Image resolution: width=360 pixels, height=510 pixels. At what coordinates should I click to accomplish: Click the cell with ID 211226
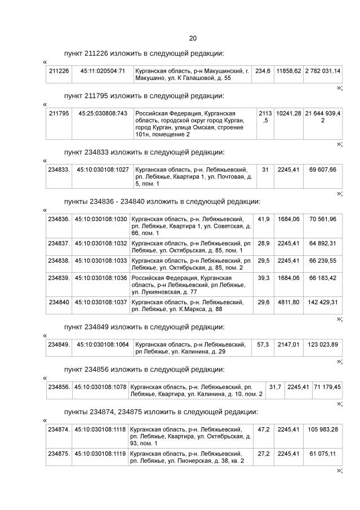pos(59,71)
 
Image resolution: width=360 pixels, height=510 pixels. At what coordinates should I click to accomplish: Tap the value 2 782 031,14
pos(322,71)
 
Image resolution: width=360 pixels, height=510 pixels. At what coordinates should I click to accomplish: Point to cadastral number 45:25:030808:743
pos(103,113)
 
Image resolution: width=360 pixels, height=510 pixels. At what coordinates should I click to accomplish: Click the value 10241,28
pos(288,113)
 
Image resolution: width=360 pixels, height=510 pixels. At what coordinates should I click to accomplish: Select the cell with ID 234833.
pos(59,170)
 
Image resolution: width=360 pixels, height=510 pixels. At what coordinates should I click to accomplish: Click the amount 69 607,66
pos(322,170)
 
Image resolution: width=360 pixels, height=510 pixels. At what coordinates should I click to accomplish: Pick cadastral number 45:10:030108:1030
pos(101,219)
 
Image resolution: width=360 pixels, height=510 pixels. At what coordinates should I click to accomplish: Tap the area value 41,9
pos(263,219)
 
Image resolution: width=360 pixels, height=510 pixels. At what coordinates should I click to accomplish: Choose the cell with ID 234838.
pos(59,261)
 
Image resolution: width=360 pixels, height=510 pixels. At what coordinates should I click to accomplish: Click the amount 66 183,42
pos(322,278)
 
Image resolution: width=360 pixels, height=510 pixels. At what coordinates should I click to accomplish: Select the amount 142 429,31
pos(322,302)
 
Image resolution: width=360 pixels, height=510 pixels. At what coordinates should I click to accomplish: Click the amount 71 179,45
pos(327,387)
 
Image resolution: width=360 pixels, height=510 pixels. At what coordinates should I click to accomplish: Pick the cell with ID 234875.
pos(59,453)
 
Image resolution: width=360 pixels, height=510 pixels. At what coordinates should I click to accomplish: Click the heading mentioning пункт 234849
pos(144,327)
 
